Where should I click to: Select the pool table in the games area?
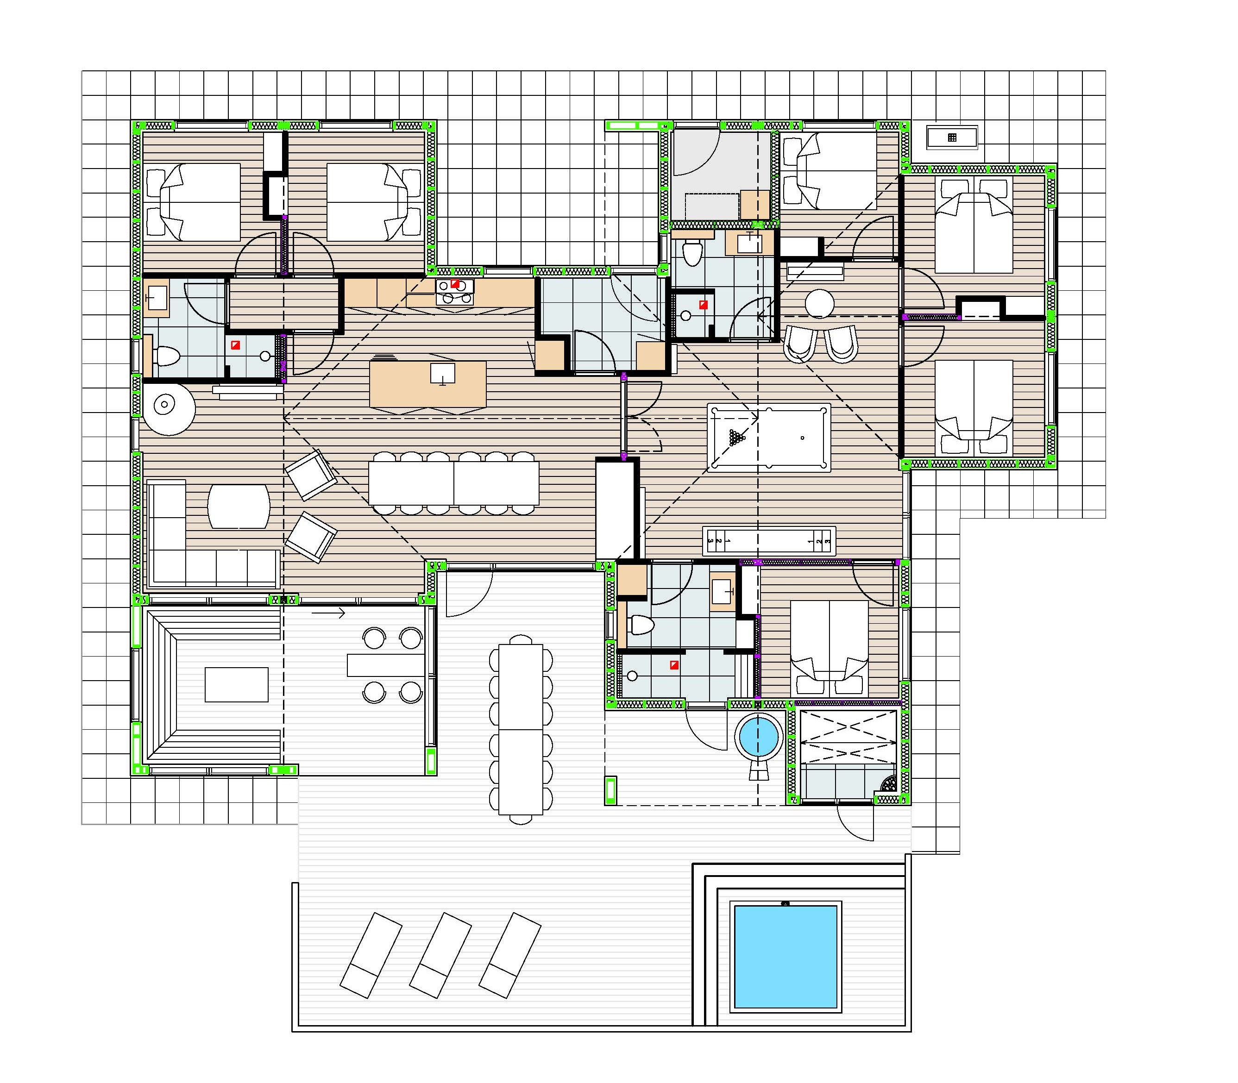768,438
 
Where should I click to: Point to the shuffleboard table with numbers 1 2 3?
769,541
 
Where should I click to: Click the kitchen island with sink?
427,384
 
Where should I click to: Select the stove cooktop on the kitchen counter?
455,291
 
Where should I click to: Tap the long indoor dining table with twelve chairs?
453,483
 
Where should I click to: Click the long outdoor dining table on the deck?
521,729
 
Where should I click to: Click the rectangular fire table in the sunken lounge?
236,684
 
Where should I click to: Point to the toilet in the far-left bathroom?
166,356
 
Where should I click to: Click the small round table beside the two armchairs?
819,303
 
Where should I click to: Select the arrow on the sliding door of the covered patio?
329,614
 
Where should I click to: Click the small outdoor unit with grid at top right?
952,137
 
